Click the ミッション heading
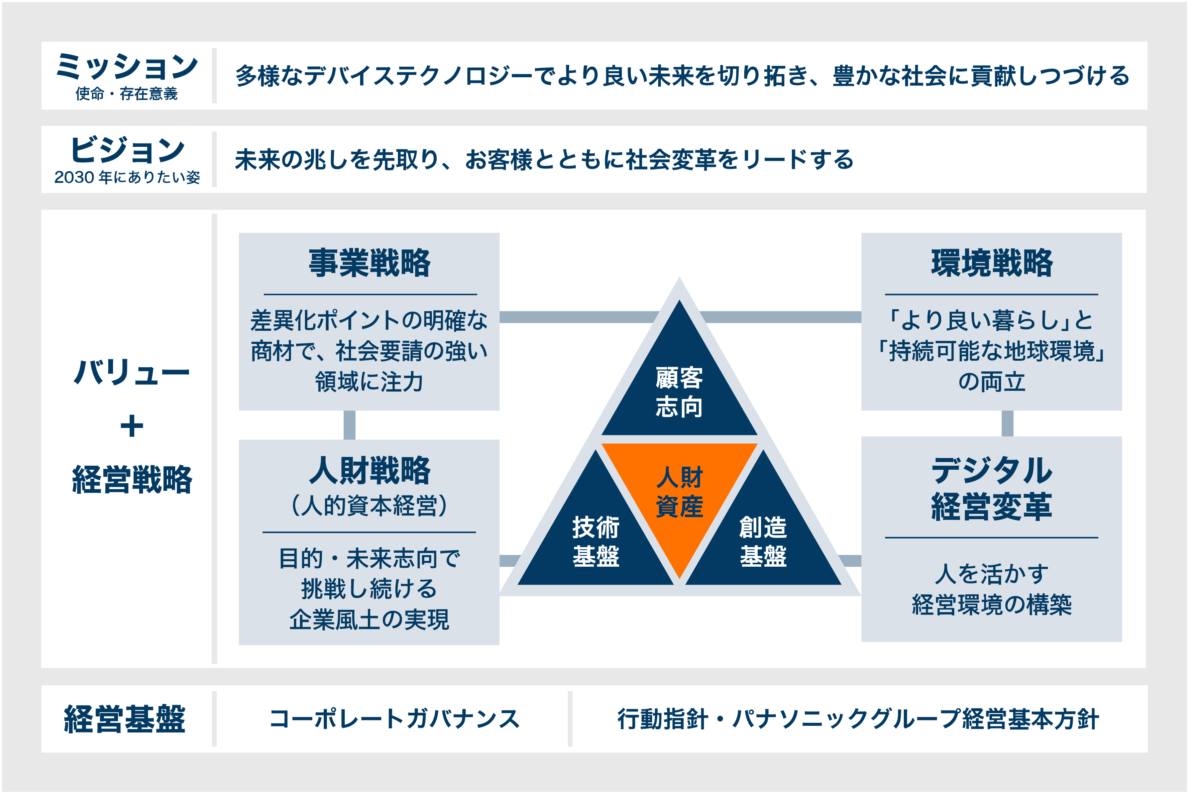pyautogui.click(x=127, y=67)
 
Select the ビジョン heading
pyautogui.click(x=128, y=150)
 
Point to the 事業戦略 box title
pyautogui.click(x=369, y=263)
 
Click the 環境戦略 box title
pyautogui.click(x=991, y=263)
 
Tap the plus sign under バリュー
pyautogui.click(x=132, y=426)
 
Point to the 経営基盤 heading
pyautogui.click(x=125, y=719)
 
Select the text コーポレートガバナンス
pyautogui.click(x=395, y=719)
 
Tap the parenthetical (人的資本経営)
pyautogui.click(x=369, y=505)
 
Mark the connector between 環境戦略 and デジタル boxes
pyautogui.click(x=1007, y=423)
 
